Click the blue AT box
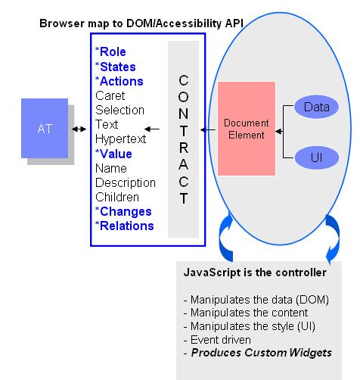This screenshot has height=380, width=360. click(x=45, y=129)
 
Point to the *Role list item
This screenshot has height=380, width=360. click(x=110, y=52)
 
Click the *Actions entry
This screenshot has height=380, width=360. click(x=119, y=81)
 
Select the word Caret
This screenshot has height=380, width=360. click(x=110, y=95)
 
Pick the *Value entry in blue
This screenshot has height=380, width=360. click(x=113, y=154)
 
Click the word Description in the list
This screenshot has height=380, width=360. click(x=126, y=182)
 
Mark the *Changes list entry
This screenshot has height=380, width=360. click(x=123, y=211)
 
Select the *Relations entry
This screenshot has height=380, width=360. click(x=125, y=226)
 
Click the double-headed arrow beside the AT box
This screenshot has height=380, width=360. click(x=79, y=129)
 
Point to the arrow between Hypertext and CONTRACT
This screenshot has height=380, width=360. click(x=153, y=129)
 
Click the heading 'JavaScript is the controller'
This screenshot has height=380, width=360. click(x=256, y=272)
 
